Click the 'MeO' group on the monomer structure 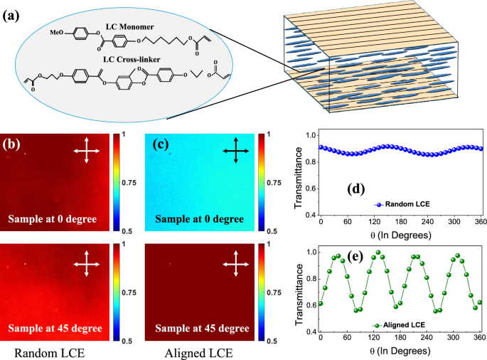pos(59,32)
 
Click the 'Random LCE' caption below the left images pos(50,352)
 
